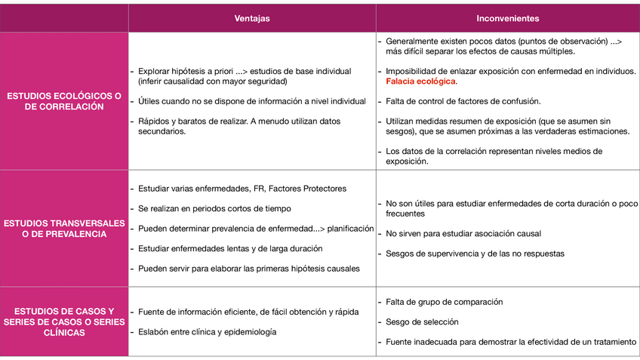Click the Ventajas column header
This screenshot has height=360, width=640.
(251, 18)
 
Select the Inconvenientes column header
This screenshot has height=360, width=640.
(507, 18)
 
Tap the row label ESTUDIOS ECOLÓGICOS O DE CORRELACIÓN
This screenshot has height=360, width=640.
(64, 101)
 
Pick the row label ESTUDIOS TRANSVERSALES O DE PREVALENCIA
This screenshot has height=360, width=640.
(64, 228)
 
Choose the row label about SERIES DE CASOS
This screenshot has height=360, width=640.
(64, 322)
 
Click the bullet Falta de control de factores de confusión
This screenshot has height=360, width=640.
(463, 100)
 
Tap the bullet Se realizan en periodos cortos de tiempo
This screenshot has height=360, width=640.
(214, 208)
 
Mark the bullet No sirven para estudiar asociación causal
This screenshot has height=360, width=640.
(463, 233)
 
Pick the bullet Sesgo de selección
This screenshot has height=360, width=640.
(422, 322)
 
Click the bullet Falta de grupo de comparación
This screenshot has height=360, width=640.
(444, 302)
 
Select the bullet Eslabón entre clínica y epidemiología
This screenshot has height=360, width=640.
(208, 331)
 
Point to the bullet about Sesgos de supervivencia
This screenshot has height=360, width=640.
(475, 254)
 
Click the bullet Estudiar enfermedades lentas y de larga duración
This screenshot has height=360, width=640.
(230, 248)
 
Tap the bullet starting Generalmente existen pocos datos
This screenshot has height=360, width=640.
(503, 46)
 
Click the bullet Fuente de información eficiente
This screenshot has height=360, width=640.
(248, 312)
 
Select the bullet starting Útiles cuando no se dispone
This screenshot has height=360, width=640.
(242, 100)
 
